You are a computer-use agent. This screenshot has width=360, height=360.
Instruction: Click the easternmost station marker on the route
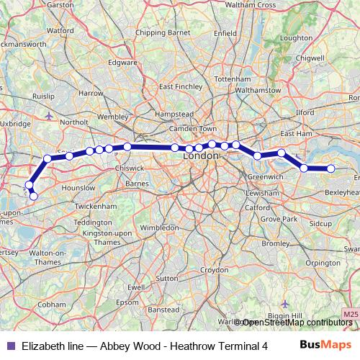[331, 168]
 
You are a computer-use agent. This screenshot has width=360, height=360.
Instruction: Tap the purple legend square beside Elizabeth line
[10, 346]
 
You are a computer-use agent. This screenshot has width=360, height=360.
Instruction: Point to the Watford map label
[60, 31]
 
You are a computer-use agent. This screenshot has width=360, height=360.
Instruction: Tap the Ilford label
[306, 112]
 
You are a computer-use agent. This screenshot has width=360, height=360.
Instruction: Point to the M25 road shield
[349, 315]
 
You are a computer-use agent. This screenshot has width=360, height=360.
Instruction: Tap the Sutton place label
[166, 277]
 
